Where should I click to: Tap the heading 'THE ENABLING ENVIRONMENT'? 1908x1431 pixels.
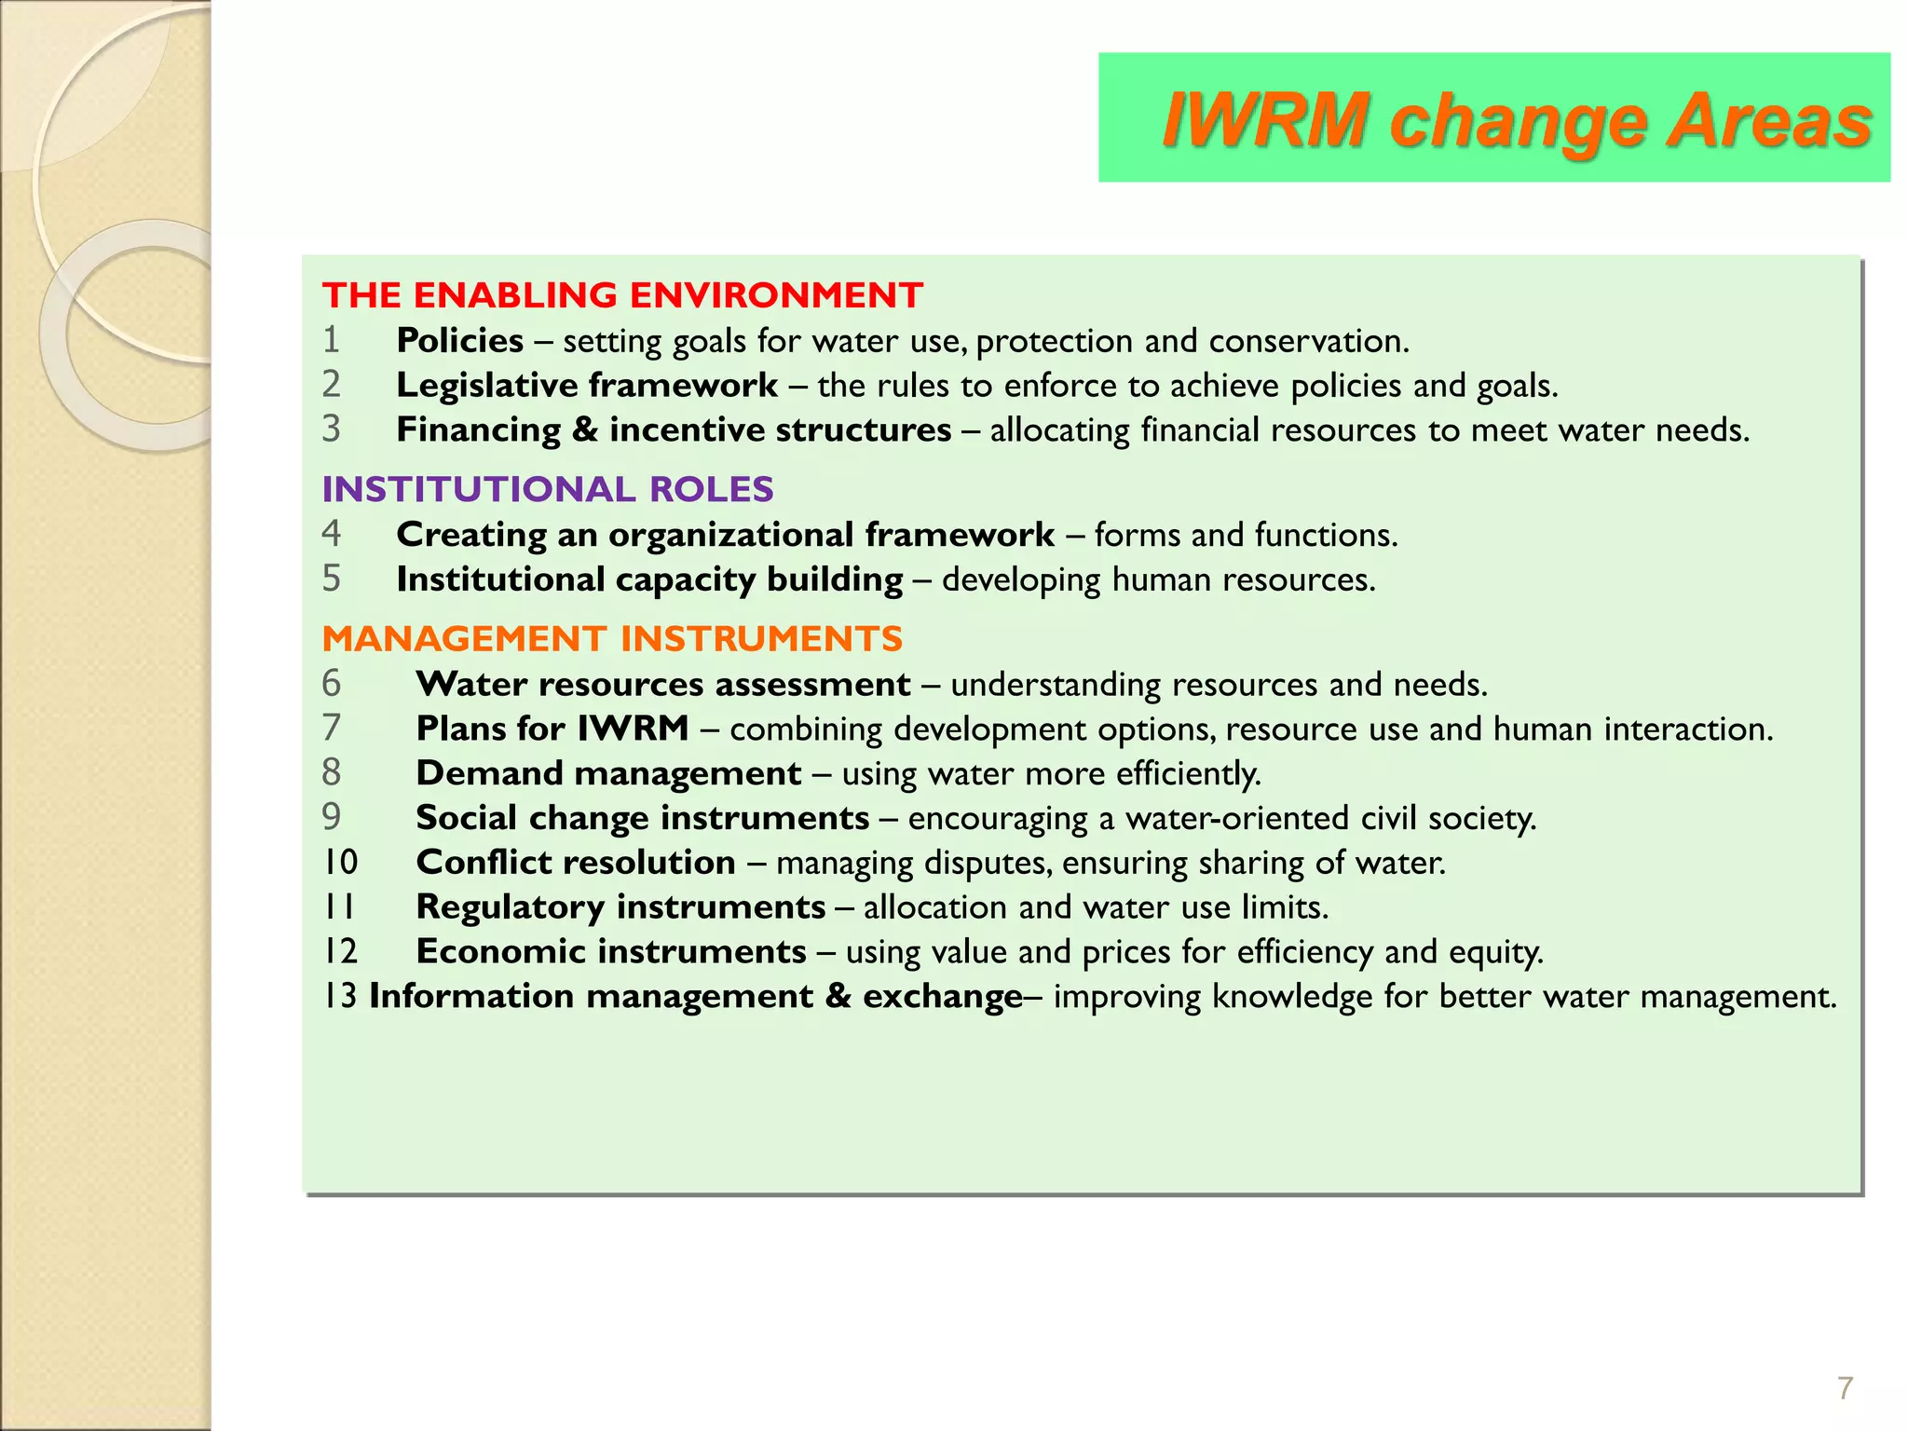point(622,295)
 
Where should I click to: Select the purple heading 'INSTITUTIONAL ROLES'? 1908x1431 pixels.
point(548,489)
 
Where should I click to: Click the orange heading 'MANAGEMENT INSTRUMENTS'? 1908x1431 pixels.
point(612,639)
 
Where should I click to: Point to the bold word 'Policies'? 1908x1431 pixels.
point(459,341)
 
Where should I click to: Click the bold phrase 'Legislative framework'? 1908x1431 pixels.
point(587,386)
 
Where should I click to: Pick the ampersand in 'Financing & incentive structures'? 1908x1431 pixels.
point(585,430)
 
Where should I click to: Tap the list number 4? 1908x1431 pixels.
point(332,535)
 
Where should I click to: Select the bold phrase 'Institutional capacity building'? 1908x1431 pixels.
point(649,579)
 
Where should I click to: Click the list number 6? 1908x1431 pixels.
point(332,685)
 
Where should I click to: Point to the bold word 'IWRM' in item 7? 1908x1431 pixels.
point(633,729)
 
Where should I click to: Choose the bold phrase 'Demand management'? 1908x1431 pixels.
point(608,773)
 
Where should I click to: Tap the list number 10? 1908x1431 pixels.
point(341,863)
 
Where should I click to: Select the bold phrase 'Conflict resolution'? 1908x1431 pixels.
point(576,863)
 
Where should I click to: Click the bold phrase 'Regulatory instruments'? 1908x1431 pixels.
point(620,907)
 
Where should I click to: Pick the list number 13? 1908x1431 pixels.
point(340,997)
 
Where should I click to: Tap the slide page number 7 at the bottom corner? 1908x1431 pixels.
point(1845,1389)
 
